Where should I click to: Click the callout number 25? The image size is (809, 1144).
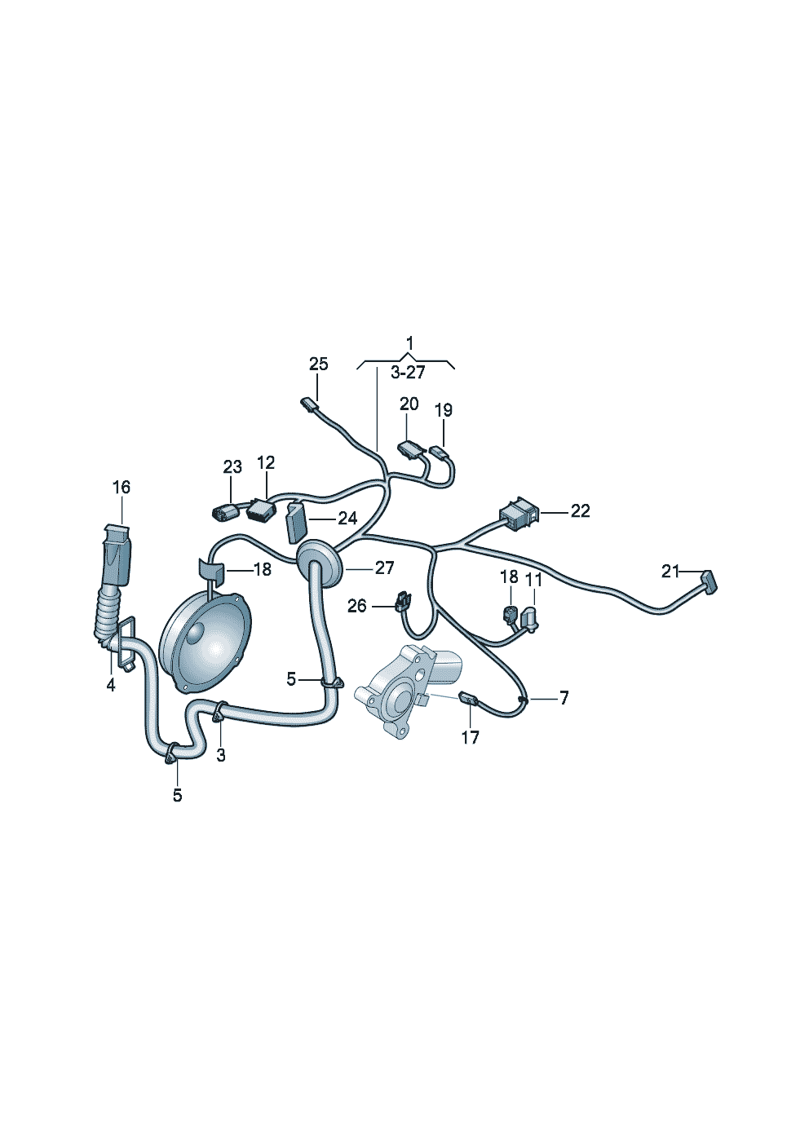pyautogui.click(x=318, y=364)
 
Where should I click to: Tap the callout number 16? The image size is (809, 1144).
pyautogui.click(x=121, y=488)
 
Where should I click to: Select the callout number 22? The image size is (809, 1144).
pyautogui.click(x=580, y=511)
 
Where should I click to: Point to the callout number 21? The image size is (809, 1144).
pyautogui.click(x=670, y=572)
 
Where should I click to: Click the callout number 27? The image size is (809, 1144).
pyautogui.click(x=384, y=568)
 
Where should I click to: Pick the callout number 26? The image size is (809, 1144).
pyautogui.click(x=357, y=606)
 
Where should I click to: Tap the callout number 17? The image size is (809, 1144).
pyautogui.click(x=471, y=737)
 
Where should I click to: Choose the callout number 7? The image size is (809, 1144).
pyautogui.click(x=563, y=698)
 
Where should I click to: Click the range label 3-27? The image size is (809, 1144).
pyautogui.click(x=408, y=373)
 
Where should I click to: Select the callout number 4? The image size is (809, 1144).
pyautogui.click(x=111, y=685)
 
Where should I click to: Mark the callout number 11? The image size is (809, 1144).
pyautogui.click(x=533, y=579)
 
